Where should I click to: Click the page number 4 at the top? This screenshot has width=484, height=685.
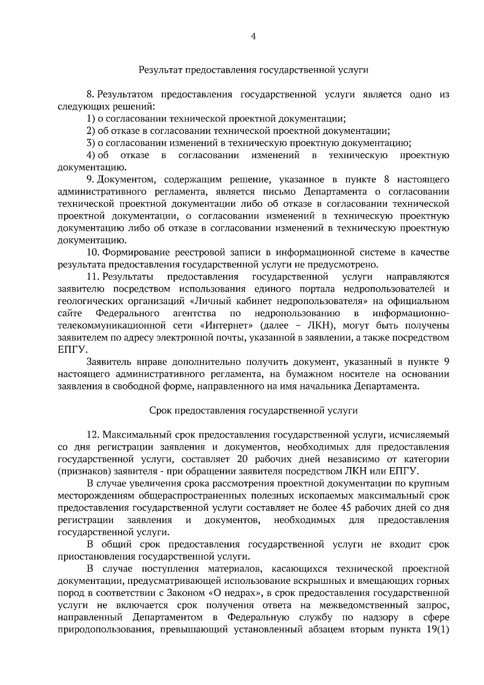[x=253, y=37]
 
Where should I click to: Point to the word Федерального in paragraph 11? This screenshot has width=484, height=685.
[x=127, y=313]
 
